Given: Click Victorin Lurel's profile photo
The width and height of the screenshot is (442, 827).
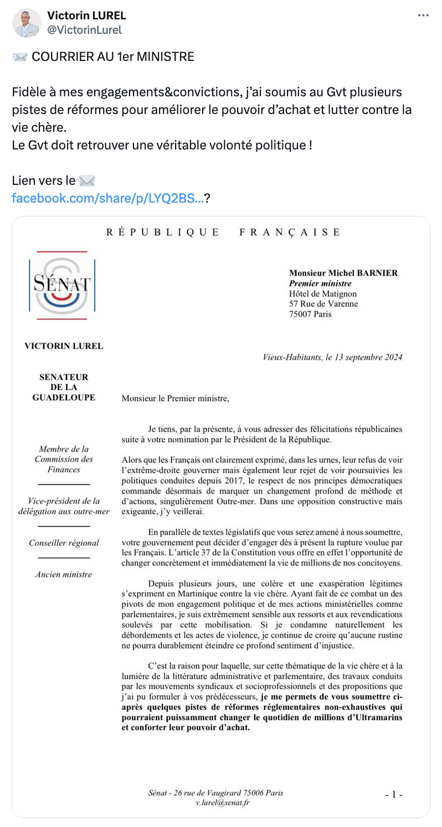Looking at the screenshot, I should point(27,23).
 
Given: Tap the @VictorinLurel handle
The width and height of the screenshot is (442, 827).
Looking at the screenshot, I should point(85,30).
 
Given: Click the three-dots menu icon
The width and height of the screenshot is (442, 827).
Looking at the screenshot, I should point(423,15).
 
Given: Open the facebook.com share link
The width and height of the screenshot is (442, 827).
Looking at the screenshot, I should point(107,198).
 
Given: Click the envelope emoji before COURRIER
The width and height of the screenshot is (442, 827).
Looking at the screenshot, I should point(20,56).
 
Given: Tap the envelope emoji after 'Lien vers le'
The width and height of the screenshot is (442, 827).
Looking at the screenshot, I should point(87,180).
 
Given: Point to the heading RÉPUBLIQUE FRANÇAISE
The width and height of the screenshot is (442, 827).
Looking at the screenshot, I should point(224,232).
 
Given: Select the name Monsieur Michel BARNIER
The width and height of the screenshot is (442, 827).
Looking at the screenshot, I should point(343,273).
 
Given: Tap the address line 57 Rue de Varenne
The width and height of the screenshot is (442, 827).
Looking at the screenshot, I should point(323,304).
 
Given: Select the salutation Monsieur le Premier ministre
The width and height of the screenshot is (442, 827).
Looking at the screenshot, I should point(174,397).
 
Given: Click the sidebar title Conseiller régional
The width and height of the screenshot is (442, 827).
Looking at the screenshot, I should point(64,542).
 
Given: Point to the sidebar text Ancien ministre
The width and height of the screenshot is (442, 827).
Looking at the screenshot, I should point(64,574).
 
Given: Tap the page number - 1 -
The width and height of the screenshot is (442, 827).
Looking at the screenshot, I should point(393,794).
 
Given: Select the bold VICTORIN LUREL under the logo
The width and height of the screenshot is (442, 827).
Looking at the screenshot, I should point(64,346).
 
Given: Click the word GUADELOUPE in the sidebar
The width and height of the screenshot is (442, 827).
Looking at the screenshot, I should point(64,397).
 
